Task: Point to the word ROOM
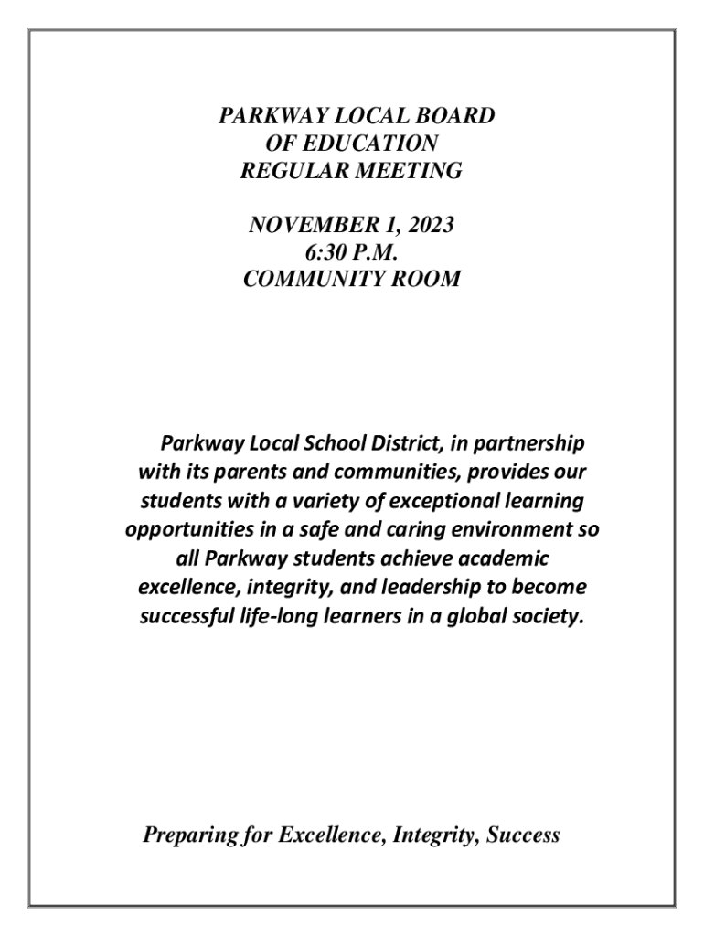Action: click(424, 279)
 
